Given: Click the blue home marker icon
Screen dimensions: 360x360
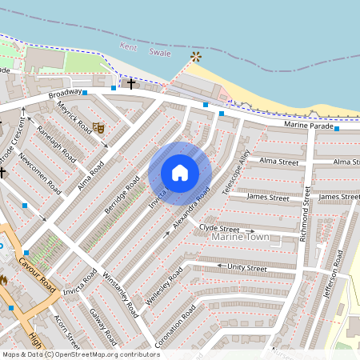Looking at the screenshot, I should tap(180, 173).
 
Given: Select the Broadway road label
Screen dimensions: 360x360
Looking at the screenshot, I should tap(65, 94).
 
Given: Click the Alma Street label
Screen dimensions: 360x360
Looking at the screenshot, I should tap(278, 162).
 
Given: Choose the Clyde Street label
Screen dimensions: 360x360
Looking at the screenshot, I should tap(219, 228).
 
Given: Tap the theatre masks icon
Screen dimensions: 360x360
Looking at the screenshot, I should tap(98, 126).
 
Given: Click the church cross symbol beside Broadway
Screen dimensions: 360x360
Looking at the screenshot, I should tap(131, 82).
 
